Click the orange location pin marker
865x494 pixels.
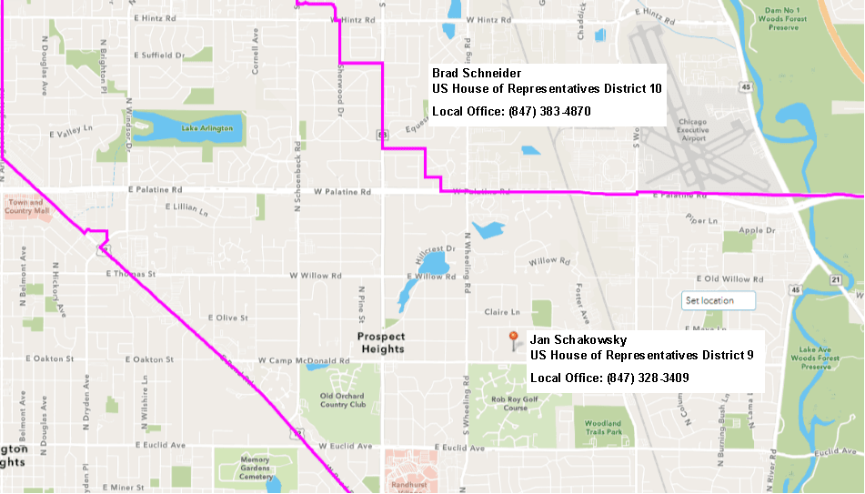(x=514, y=339)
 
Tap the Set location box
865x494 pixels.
(x=719, y=300)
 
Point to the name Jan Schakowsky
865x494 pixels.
(x=578, y=340)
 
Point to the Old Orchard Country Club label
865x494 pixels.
(x=343, y=399)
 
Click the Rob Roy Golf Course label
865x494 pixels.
(x=509, y=403)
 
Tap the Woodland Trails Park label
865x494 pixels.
(x=603, y=428)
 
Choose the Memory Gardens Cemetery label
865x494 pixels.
(x=256, y=468)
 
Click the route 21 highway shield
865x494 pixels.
(x=834, y=280)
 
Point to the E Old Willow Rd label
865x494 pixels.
(x=736, y=278)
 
